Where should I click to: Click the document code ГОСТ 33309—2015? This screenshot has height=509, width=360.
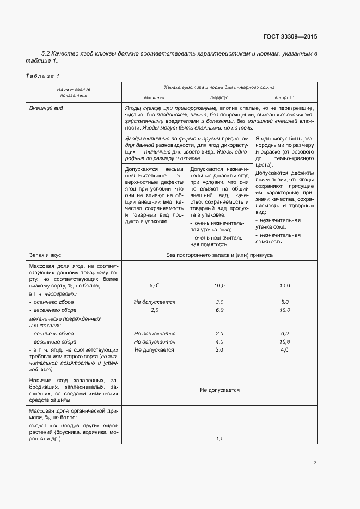[290, 36]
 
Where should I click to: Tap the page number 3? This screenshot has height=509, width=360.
[315, 463]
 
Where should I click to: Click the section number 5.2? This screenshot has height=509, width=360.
[46, 53]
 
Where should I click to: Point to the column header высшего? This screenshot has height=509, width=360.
[154, 97]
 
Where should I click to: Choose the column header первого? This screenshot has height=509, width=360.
[219, 97]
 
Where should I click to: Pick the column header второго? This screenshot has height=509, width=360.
[284, 97]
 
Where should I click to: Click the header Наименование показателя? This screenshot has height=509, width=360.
[74, 92]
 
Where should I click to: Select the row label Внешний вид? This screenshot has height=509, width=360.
[47, 108]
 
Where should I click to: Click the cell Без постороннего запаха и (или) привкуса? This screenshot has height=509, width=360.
[219, 255]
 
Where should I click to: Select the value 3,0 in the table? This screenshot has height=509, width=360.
[219, 302]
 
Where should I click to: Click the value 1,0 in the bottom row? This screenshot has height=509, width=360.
[219, 438]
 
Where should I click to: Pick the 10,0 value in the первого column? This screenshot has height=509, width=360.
[219, 285]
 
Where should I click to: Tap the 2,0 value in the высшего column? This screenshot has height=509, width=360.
[154, 310]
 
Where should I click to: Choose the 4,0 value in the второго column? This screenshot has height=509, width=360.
[284, 349]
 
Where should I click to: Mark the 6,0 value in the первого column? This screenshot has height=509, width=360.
[219, 310]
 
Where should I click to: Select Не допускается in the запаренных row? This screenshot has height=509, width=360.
[219, 390]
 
